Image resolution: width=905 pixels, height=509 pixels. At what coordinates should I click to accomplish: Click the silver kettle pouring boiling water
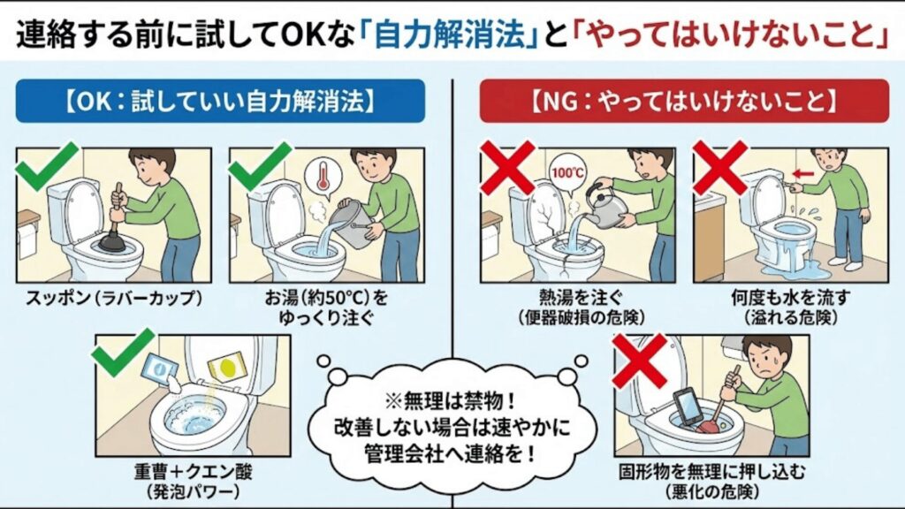pos(608,204)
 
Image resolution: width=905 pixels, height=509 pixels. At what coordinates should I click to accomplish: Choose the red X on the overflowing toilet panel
pos(719,166)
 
